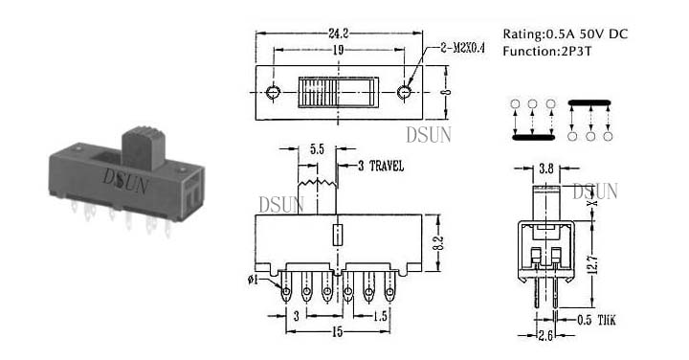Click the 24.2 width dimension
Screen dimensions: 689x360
point(339,33)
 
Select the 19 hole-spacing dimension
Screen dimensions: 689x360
point(338,50)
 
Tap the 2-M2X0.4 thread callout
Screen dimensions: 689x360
point(462,49)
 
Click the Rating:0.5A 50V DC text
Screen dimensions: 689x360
point(566,34)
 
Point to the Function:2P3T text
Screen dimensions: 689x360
point(547,51)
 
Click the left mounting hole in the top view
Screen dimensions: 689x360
point(273,92)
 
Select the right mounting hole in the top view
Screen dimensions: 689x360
point(404,92)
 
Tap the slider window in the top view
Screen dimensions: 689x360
point(338,92)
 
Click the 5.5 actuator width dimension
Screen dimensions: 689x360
point(317,149)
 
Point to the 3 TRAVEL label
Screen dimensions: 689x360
point(381,167)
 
